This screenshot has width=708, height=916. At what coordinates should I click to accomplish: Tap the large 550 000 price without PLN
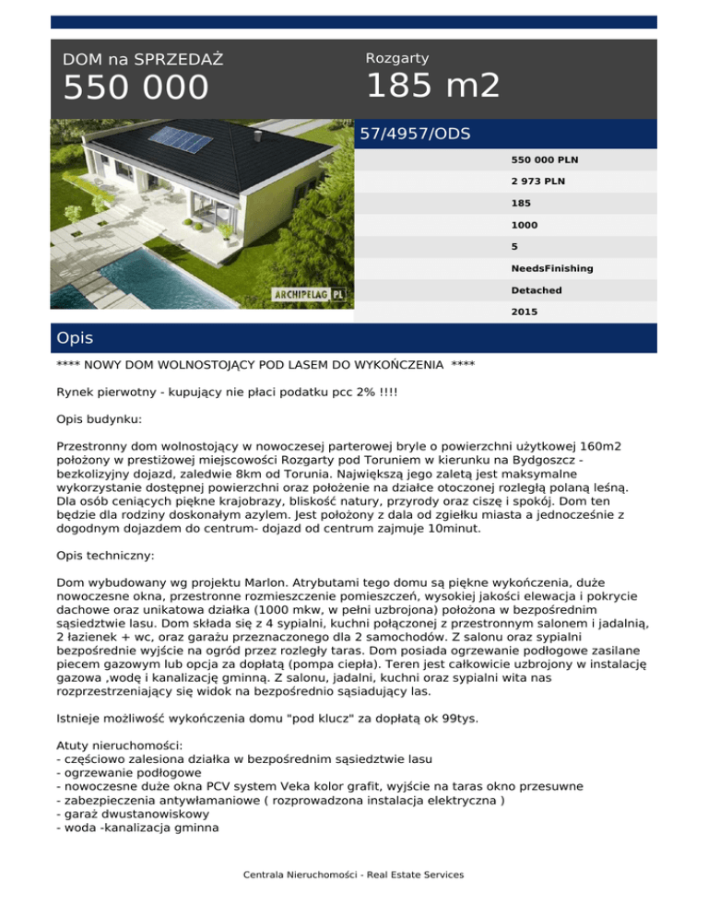(136, 88)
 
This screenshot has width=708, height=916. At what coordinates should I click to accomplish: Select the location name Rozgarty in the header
(397, 58)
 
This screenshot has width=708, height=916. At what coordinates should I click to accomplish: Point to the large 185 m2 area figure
(433, 87)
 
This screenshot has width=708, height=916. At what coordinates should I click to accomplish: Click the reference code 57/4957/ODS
(415, 134)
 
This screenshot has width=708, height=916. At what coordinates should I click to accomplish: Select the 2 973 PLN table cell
(539, 182)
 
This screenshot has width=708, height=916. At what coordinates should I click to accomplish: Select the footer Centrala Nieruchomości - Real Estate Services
(353, 875)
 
